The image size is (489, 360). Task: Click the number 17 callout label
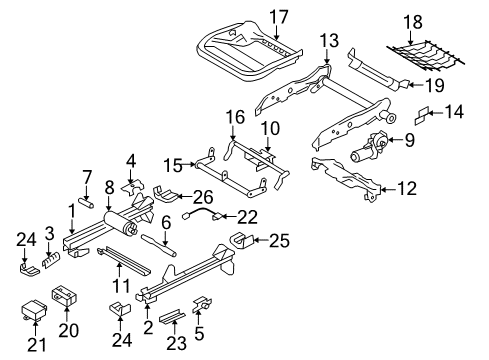[278, 16]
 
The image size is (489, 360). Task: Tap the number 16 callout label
[234, 118]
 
